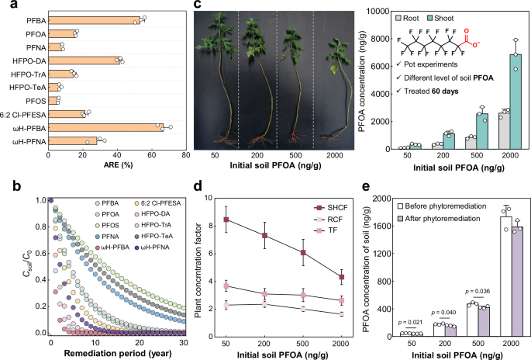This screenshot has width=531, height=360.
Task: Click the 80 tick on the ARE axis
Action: point(185,154)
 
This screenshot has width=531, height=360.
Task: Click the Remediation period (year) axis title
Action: point(116,351)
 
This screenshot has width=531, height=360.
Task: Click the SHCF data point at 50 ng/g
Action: point(226,220)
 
